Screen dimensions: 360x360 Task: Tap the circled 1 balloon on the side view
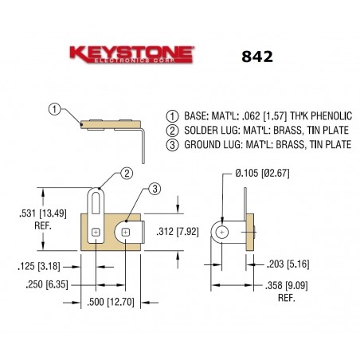pos(53,109)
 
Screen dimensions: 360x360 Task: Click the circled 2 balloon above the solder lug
pos(126,173)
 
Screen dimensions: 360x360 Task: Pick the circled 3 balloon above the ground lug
pos(155,188)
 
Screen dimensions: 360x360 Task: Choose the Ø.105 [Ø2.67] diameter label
pos(260,172)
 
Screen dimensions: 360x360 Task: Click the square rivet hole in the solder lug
pos(96,233)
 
